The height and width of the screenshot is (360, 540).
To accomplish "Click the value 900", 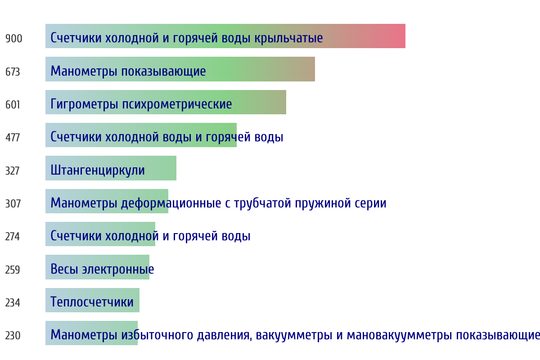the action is tap(14, 39).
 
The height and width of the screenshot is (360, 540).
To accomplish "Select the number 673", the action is tap(13, 72).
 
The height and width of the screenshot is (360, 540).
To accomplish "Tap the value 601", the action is tap(13, 105).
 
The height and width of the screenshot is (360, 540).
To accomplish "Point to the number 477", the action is tap(13, 138).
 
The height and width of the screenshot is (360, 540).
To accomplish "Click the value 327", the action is tap(13, 171).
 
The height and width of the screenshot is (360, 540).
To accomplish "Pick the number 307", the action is tap(13, 203).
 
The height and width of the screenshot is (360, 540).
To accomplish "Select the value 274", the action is tap(13, 237).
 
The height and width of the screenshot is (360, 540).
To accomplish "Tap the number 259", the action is tap(13, 270).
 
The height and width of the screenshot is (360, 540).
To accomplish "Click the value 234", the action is tap(13, 302).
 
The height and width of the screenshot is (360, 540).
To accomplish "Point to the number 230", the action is tap(13, 335).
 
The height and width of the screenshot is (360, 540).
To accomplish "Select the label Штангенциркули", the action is tap(98, 171).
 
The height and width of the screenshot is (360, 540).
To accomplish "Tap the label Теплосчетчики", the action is tap(92, 302).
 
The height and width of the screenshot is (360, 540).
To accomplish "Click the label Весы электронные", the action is tap(102, 269).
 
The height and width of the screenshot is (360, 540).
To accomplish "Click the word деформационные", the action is tap(171, 203).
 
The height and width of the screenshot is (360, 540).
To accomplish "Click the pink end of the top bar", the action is tap(405, 36).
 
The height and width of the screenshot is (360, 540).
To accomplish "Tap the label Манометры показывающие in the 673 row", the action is tap(128, 72).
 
